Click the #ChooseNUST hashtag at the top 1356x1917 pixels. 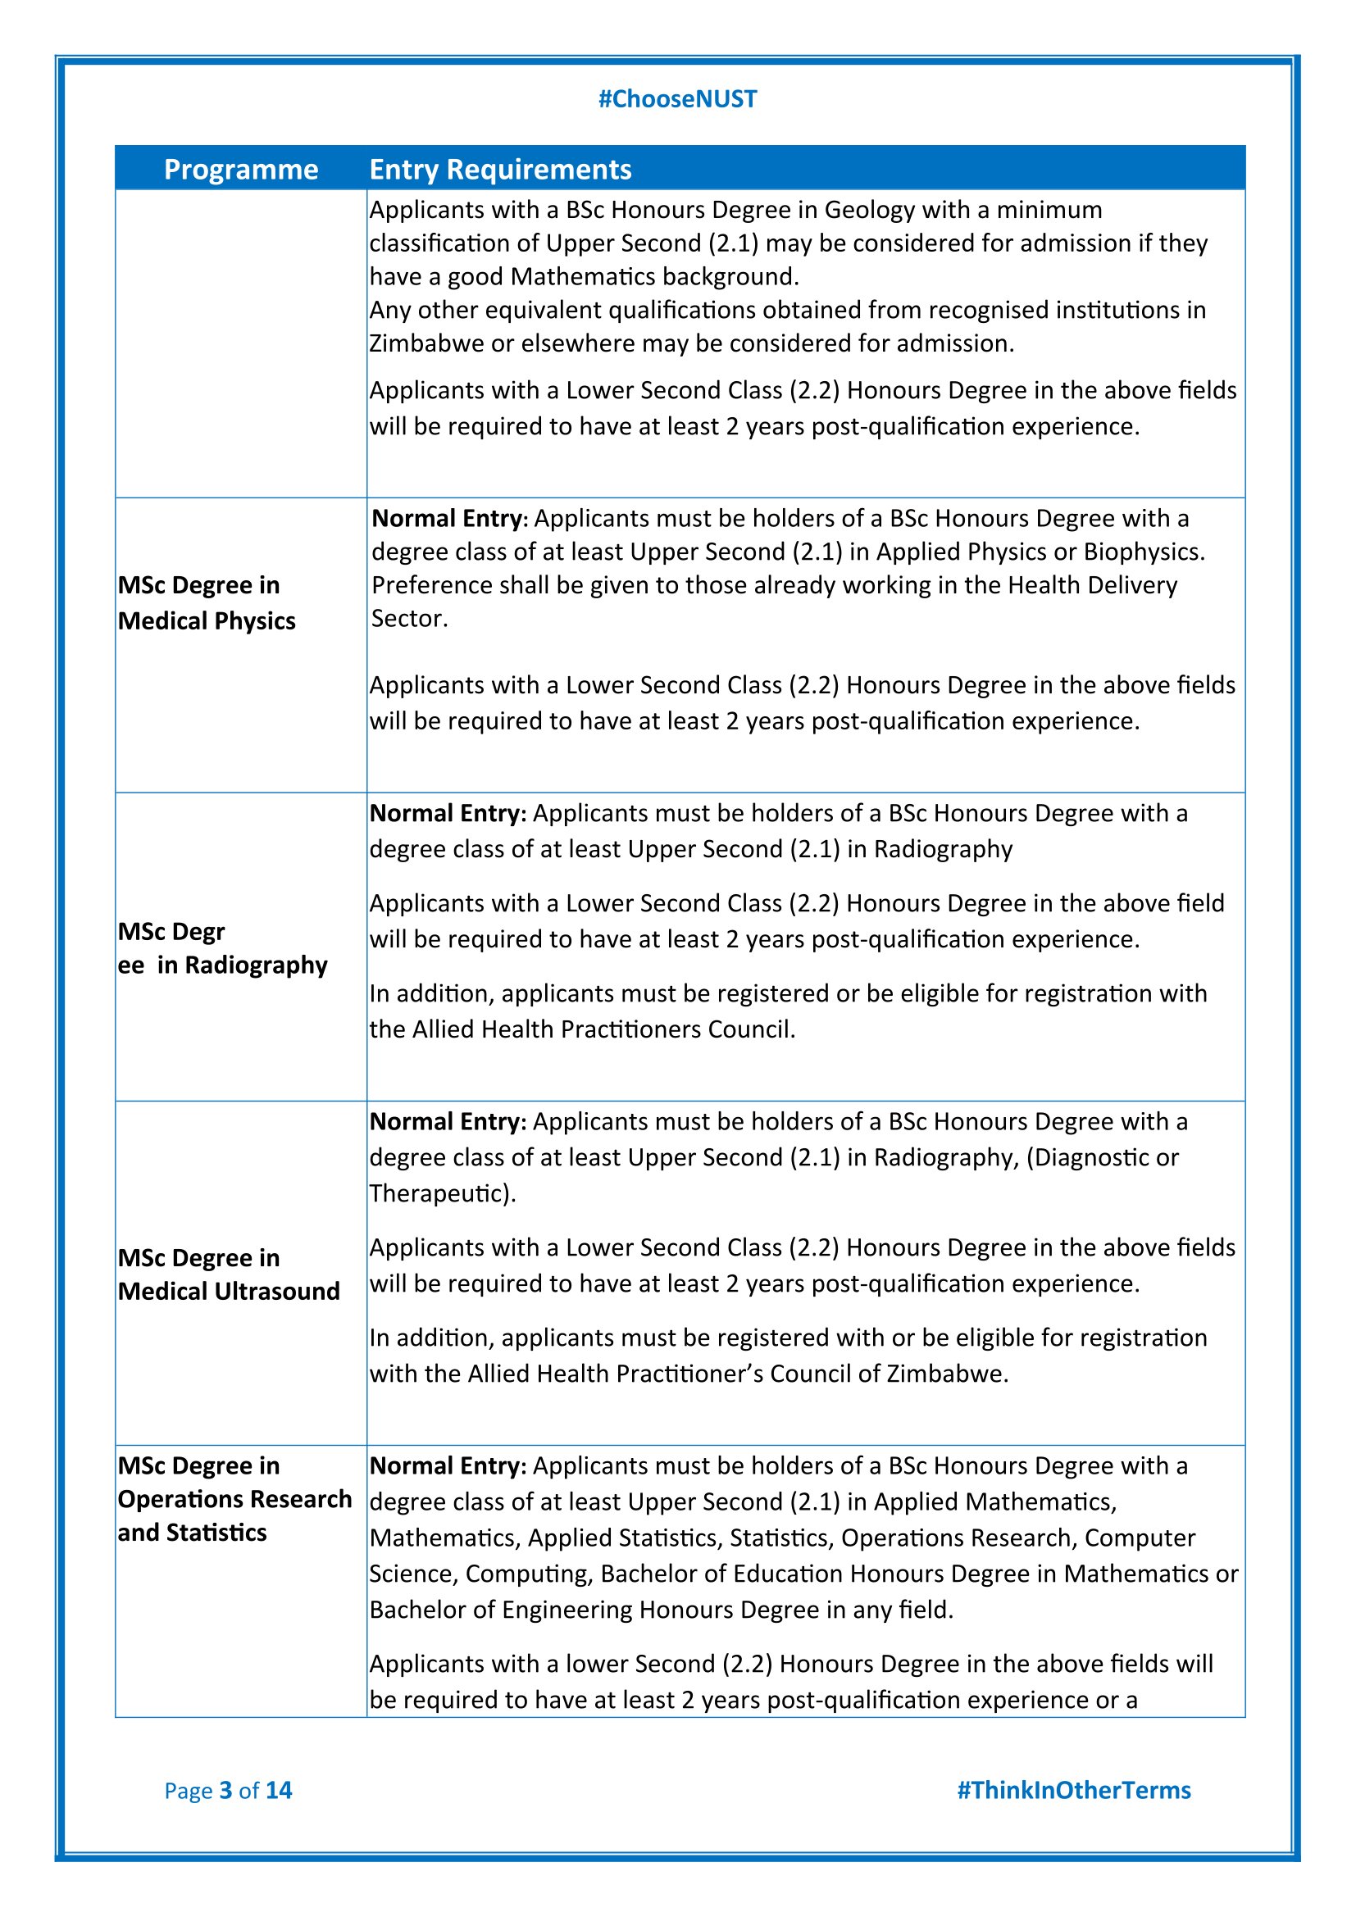coord(677,99)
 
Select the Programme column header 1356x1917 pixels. coord(240,170)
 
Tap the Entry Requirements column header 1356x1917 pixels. coord(500,170)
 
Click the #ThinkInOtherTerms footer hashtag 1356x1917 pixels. coord(1073,1790)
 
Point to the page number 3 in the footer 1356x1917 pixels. coord(225,1790)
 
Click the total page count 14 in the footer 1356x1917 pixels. coord(278,1790)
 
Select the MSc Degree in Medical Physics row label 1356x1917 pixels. coord(207,603)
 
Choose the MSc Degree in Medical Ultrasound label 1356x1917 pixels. coord(228,1274)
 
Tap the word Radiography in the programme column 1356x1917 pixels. coord(256,965)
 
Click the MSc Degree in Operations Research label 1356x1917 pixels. coord(234,1499)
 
